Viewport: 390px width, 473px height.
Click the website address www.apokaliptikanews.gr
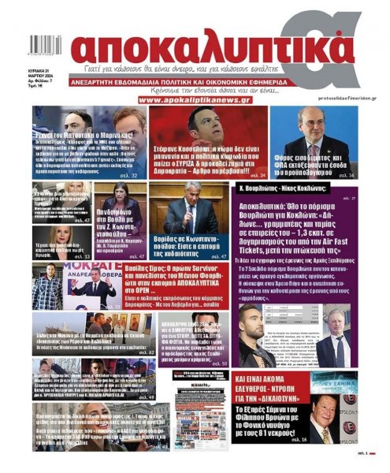194,99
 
